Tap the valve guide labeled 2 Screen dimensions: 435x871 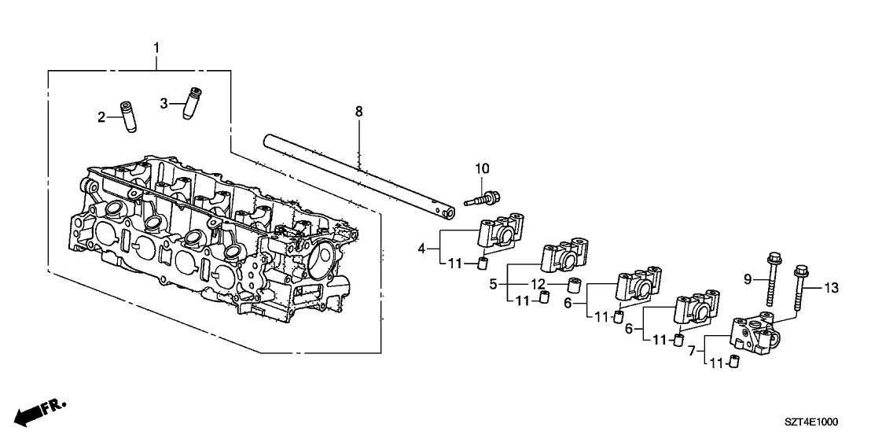(x=127, y=117)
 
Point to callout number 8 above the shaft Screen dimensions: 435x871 (x=358, y=112)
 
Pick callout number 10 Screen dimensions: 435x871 (x=481, y=168)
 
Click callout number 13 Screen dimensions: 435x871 (x=830, y=289)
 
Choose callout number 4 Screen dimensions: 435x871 (x=422, y=249)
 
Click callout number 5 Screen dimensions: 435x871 (x=493, y=284)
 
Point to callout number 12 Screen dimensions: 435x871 (x=537, y=284)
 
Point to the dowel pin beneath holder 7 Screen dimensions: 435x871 (x=735, y=362)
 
